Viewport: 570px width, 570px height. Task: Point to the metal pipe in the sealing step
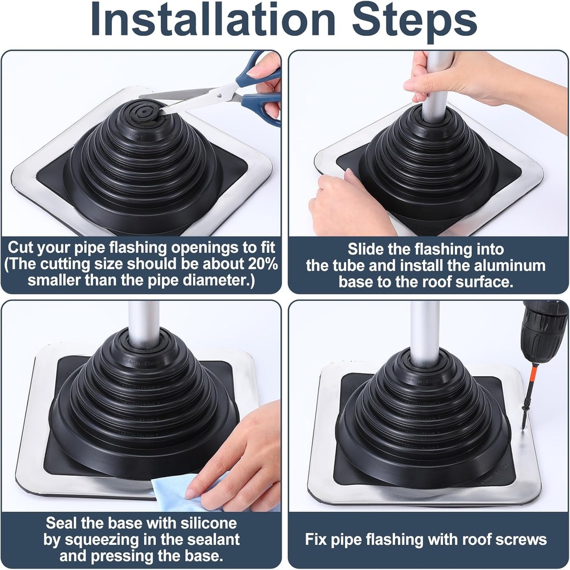[x=144, y=323]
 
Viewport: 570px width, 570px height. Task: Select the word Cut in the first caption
[x=23, y=247]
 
